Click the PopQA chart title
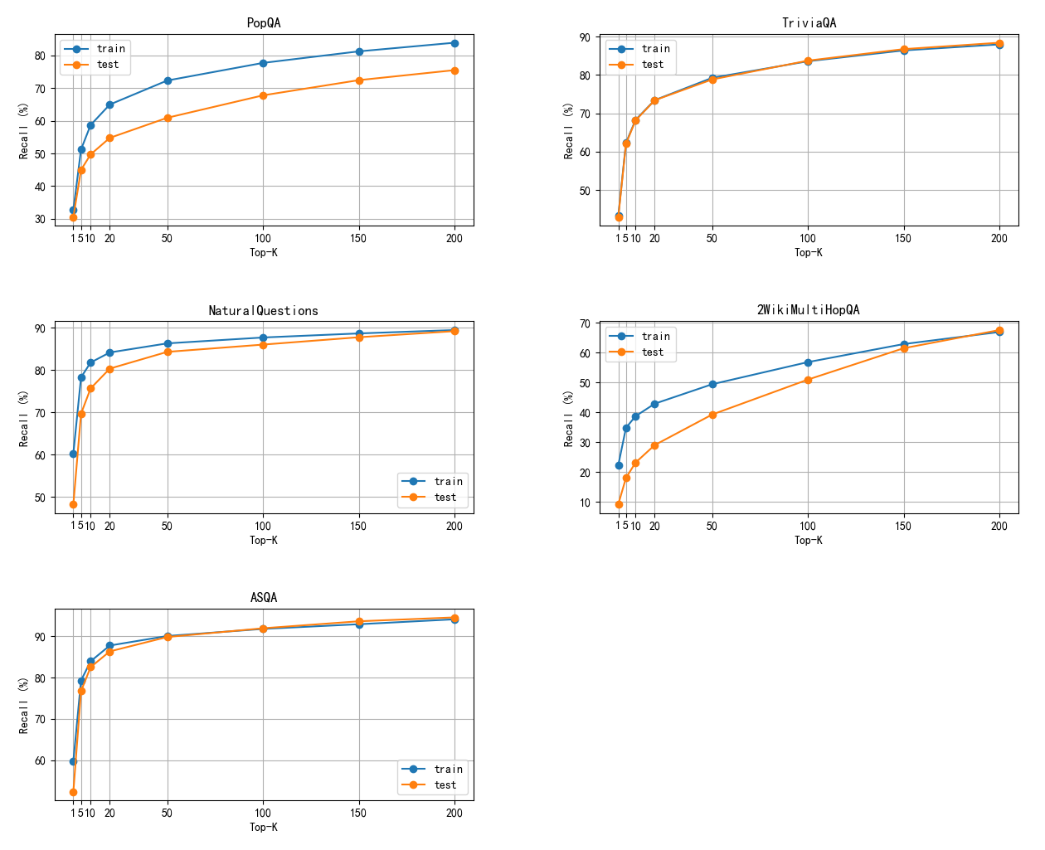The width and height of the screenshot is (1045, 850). coord(264,23)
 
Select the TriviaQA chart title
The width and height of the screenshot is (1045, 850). coord(809,23)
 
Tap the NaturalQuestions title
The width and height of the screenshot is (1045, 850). coord(264,311)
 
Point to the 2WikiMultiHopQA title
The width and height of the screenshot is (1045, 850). coord(809,310)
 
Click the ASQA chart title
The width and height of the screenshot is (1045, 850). coord(264,598)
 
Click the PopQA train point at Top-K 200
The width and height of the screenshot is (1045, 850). coord(454,43)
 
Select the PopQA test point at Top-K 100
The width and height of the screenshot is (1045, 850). coord(263,95)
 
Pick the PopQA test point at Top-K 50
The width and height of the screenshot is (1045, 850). coord(168,118)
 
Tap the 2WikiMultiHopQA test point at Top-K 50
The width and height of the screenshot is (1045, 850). coord(712,415)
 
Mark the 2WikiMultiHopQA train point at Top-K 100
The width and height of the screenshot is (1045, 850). coord(808,362)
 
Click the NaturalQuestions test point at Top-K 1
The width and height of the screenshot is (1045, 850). coord(73,504)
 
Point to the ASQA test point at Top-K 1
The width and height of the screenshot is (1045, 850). coord(73,792)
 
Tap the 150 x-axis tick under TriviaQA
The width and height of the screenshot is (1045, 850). coord(903,239)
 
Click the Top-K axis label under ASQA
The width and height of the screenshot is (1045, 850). coord(264,828)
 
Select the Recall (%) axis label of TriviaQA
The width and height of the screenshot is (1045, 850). coord(569,131)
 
